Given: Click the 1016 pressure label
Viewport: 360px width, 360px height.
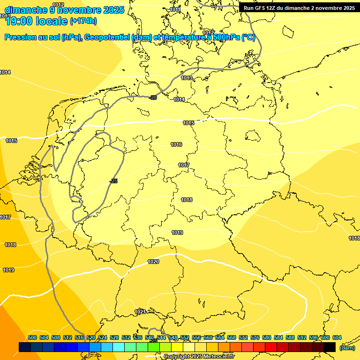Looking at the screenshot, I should point(176,144).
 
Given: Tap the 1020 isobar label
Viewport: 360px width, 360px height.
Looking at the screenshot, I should point(153,262).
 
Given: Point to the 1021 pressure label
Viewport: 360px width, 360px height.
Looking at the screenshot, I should point(140,312).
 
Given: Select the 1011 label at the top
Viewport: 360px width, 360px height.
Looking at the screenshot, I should point(175,9).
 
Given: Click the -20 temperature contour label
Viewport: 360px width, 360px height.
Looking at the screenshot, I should point(153,97).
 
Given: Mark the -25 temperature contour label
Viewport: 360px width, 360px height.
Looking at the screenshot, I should point(113,181).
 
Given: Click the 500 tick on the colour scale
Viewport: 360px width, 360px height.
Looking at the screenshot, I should point(32,337).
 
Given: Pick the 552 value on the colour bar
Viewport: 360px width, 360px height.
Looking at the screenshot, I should point(184,337).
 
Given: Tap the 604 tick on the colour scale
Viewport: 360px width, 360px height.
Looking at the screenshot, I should point(337,337).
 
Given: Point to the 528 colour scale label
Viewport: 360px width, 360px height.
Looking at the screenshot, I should point(114,337).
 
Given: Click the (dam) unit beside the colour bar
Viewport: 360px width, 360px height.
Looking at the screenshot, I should point(347,347).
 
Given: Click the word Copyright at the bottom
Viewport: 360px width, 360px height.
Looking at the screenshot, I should point(177,356).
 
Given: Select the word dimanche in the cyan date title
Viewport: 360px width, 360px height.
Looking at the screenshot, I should point(26,10).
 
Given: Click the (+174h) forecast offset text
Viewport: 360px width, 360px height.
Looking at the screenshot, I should point(83,21).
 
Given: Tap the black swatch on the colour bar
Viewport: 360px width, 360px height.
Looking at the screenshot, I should point(329,347).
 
